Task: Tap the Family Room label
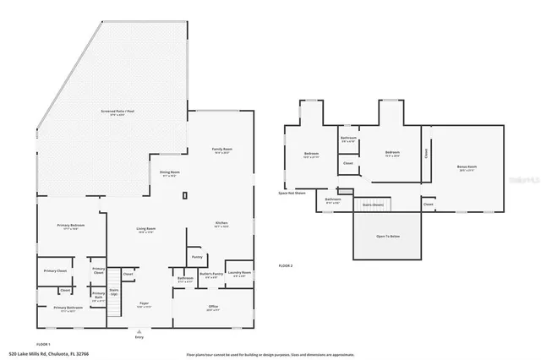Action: [x=222, y=150]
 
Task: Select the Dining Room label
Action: [x=170, y=173]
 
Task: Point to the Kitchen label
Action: [x=221, y=224]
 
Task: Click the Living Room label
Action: [x=146, y=229]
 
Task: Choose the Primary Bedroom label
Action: [x=70, y=226]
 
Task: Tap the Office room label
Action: [x=213, y=307]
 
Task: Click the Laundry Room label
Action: [x=240, y=273]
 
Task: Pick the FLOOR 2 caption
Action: [x=286, y=265]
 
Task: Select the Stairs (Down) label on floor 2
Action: [x=373, y=205]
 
